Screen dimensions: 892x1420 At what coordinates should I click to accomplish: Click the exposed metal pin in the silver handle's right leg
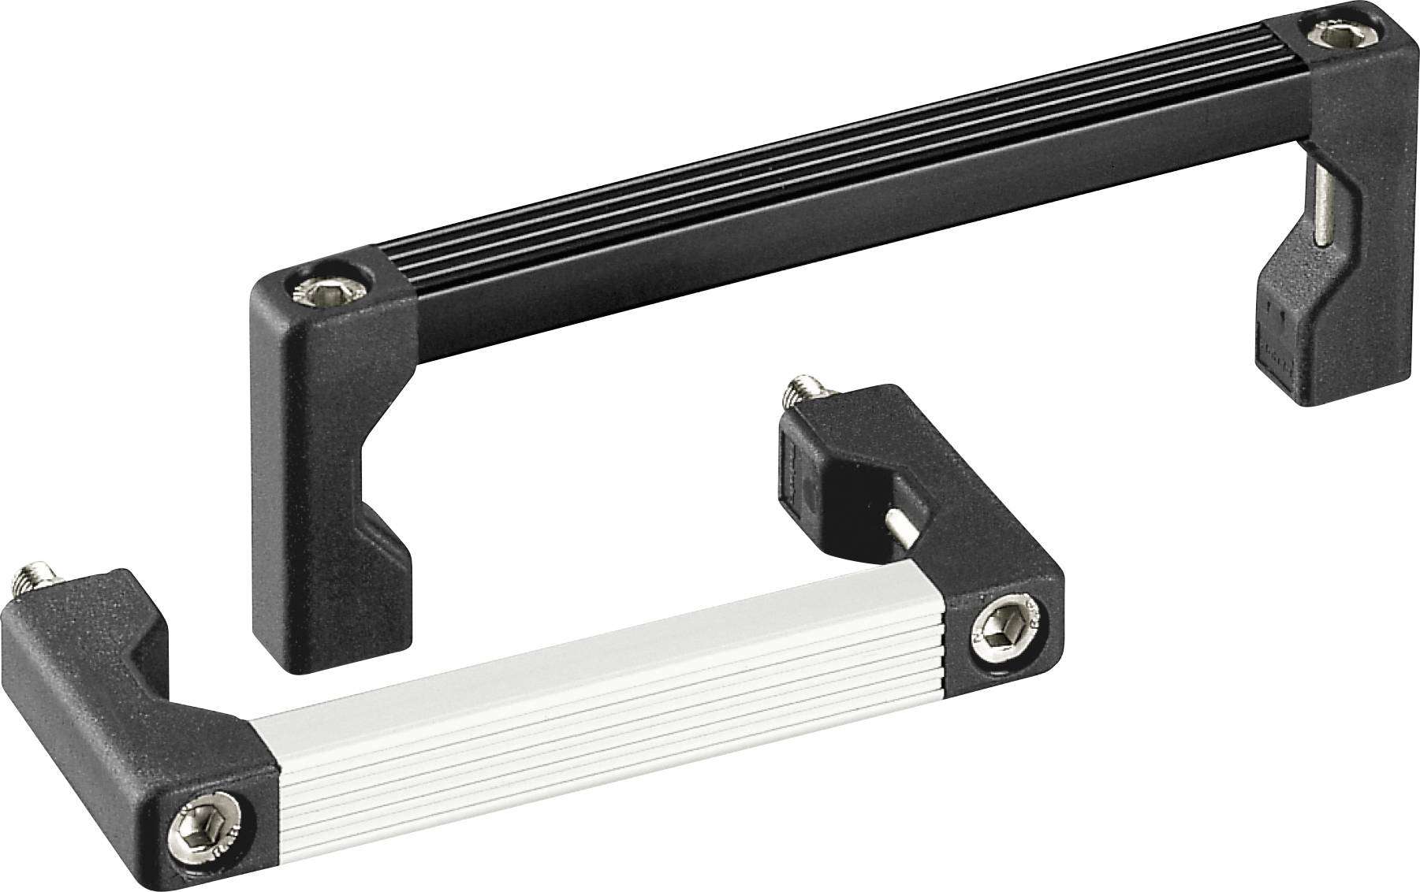pos(904,524)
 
